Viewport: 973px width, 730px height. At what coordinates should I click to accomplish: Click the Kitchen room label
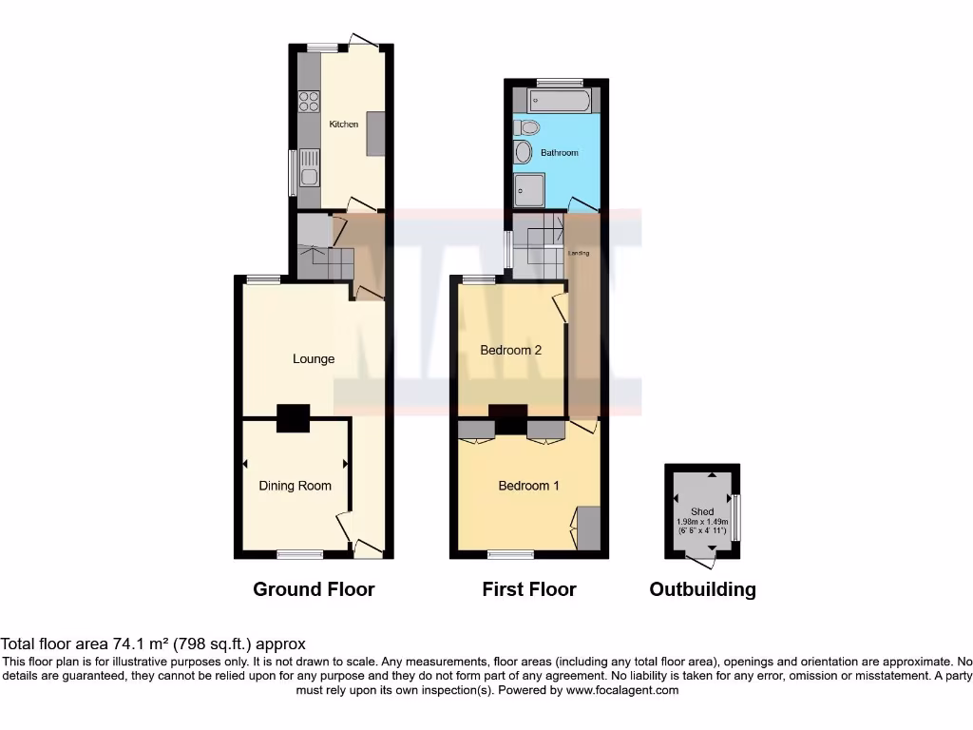click(x=344, y=125)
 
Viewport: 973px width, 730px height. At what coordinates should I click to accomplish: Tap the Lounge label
click(x=314, y=358)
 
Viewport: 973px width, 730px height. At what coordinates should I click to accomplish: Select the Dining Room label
click(x=296, y=486)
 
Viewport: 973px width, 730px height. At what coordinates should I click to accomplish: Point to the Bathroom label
click(x=559, y=152)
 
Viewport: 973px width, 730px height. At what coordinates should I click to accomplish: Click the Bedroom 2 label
click(x=510, y=350)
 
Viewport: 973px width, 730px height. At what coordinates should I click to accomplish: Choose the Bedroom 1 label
click(x=528, y=486)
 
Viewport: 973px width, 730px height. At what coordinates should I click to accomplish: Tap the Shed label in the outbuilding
click(x=702, y=511)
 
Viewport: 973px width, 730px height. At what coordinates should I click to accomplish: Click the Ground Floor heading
click(x=314, y=589)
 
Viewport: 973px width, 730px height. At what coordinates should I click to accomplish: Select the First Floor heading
click(x=529, y=589)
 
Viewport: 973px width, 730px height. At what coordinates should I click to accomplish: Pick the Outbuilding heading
click(x=702, y=589)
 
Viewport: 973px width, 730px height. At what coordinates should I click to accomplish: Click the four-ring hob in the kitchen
click(x=308, y=100)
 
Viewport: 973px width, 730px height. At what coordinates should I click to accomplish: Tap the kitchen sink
click(x=308, y=167)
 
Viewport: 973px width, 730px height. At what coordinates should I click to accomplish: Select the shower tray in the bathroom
click(x=530, y=189)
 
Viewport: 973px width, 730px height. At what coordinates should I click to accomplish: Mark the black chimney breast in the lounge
click(x=293, y=418)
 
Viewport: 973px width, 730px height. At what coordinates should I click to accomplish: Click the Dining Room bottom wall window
click(x=294, y=553)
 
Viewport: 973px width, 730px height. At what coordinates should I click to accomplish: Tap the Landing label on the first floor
click(x=579, y=253)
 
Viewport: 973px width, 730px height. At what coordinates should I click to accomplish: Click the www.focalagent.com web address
click(x=621, y=690)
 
